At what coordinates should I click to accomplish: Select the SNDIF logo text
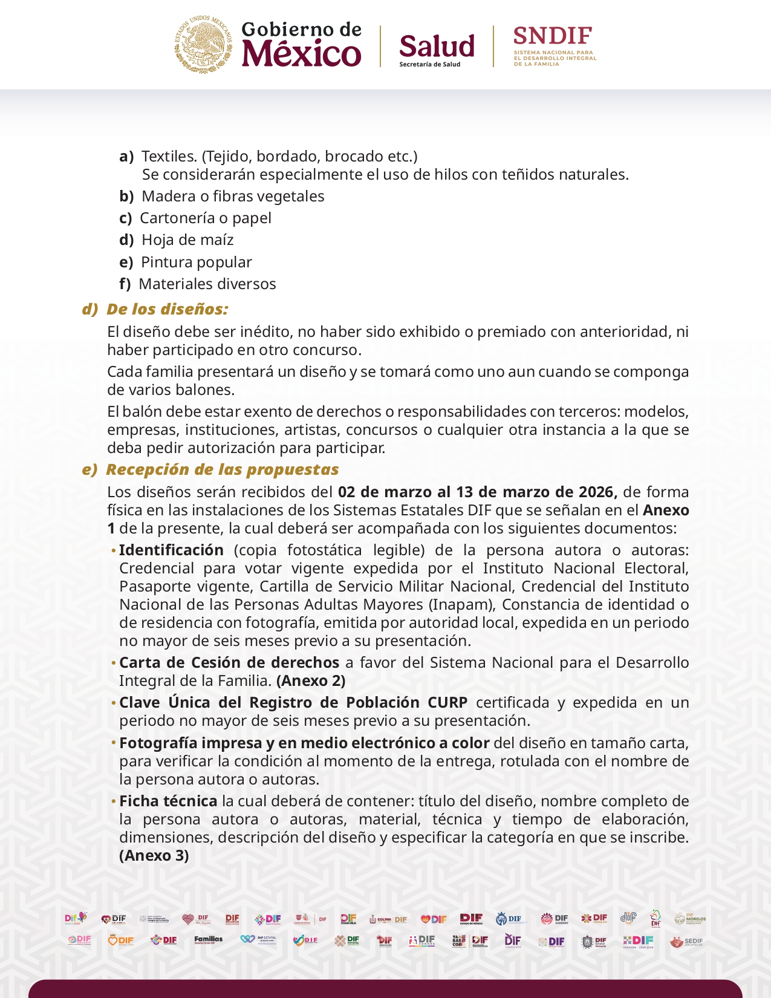pyautogui.click(x=553, y=37)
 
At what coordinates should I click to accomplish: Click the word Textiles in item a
pyautogui.click(x=169, y=156)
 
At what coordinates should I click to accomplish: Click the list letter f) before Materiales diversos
pyautogui.click(x=125, y=284)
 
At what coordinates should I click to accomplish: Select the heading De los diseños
pyautogui.click(x=167, y=309)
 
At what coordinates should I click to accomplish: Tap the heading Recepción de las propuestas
pyautogui.click(x=222, y=469)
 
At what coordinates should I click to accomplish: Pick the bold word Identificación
pyautogui.click(x=171, y=550)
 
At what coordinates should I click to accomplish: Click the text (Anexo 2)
pyautogui.click(x=311, y=680)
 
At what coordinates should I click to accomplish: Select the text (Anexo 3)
pyautogui.click(x=154, y=855)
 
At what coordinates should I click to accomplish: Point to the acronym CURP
pyautogui.click(x=447, y=702)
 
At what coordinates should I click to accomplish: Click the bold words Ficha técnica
pyautogui.click(x=168, y=801)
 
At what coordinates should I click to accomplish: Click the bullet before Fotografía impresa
pyautogui.click(x=114, y=742)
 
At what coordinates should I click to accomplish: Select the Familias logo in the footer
pyautogui.click(x=209, y=940)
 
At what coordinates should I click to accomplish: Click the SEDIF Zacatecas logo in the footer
pyautogui.click(x=687, y=942)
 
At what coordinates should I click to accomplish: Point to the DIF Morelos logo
pyautogui.click(x=690, y=919)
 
